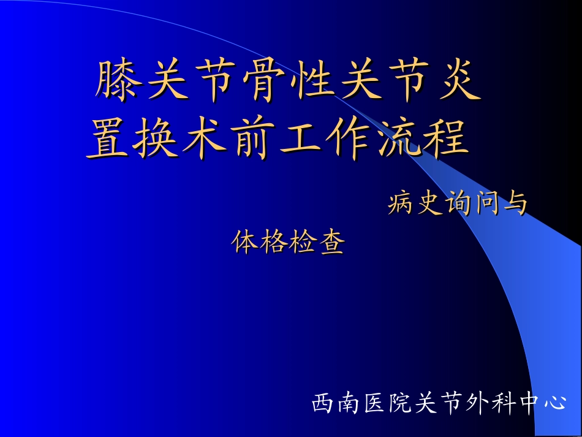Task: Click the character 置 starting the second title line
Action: (x=110, y=140)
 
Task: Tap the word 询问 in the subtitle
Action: (x=470, y=204)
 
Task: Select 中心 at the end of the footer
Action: (x=542, y=403)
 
